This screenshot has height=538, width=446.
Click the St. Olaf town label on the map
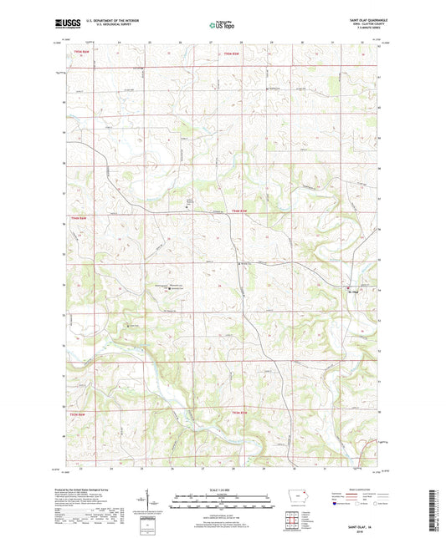352,292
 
